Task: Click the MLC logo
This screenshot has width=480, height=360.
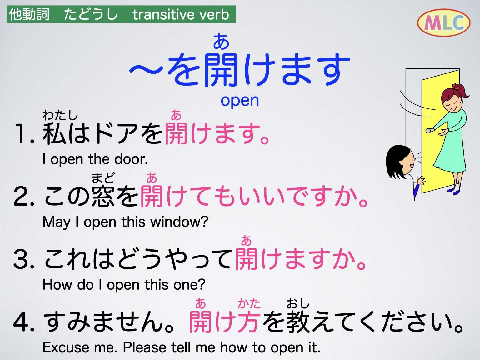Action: [x=443, y=22]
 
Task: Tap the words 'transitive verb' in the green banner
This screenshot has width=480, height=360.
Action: [x=181, y=15]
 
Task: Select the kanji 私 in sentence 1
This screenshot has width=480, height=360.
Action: [x=54, y=133]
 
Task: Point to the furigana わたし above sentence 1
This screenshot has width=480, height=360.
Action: [x=60, y=115]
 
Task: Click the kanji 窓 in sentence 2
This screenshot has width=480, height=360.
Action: [x=103, y=196]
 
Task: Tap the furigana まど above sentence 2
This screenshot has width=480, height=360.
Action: [x=103, y=178]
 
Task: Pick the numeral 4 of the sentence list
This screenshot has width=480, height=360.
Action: [x=22, y=322]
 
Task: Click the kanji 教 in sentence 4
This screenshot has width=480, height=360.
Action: [x=298, y=322]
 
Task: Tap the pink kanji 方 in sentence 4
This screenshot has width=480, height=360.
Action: [x=248, y=322]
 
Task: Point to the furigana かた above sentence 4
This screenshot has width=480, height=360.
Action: [x=249, y=303]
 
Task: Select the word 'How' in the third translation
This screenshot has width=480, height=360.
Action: [x=52, y=285]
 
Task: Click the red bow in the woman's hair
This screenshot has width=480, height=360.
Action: [x=457, y=87]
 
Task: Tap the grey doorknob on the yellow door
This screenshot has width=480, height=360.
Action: [x=428, y=131]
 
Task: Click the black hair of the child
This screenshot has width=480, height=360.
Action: [x=394, y=159]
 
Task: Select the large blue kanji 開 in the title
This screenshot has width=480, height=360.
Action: [x=221, y=69]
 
